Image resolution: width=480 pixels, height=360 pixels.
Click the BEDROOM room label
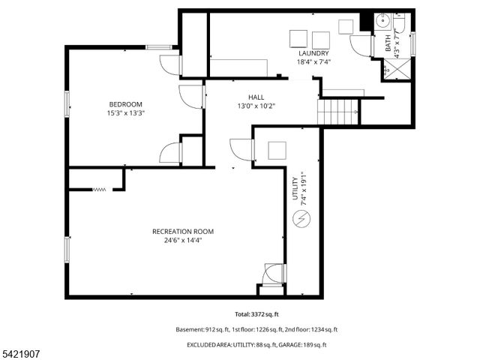[x=125, y=104]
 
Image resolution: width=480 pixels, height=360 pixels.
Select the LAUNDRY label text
[x=313, y=53]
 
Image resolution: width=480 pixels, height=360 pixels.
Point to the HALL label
[x=256, y=97]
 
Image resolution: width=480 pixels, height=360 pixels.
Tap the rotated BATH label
[x=388, y=43]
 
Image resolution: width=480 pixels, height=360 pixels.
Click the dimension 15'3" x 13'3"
[x=125, y=113]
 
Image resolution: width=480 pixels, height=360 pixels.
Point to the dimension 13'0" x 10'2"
[x=256, y=106]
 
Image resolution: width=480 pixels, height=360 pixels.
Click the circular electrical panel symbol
[x=301, y=219]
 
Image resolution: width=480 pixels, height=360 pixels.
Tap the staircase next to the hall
[x=339, y=112]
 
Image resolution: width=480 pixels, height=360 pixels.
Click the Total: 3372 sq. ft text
[x=256, y=314]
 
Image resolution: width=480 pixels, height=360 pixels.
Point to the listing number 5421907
[x=22, y=352]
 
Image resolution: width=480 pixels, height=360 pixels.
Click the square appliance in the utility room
[x=277, y=150]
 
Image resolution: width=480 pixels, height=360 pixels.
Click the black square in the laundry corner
[x=365, y=22]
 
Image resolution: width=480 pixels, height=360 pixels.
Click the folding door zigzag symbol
[x=100, y=190]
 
